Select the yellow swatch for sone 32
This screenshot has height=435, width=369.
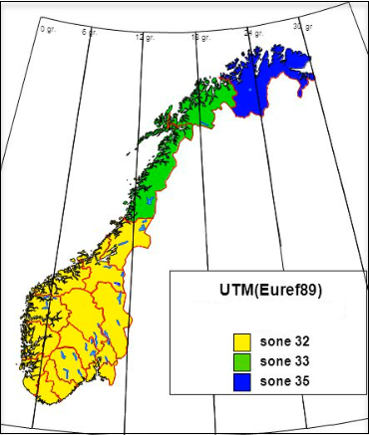click(x=239, y=342)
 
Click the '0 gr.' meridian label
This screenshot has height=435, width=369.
click(x=47, y=29)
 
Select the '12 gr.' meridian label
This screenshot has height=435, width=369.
click(x=145, y=38)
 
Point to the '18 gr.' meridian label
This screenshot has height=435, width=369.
click(x=199, y=38)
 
